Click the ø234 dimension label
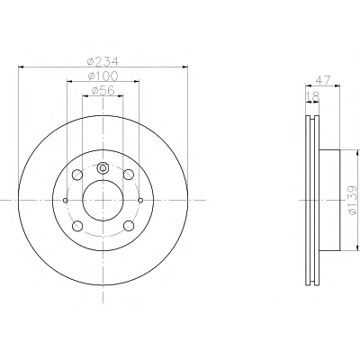pos(103,61)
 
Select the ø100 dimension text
pos(103,76)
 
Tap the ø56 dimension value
pos(103,91)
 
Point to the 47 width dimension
pos(323,80)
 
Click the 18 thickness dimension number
pos(312,96)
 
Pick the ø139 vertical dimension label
pos(353,200)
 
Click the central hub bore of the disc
pos(103,200)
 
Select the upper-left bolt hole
pos(77,175)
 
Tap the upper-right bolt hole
pos(129,175)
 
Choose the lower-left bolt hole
pos(77,226)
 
